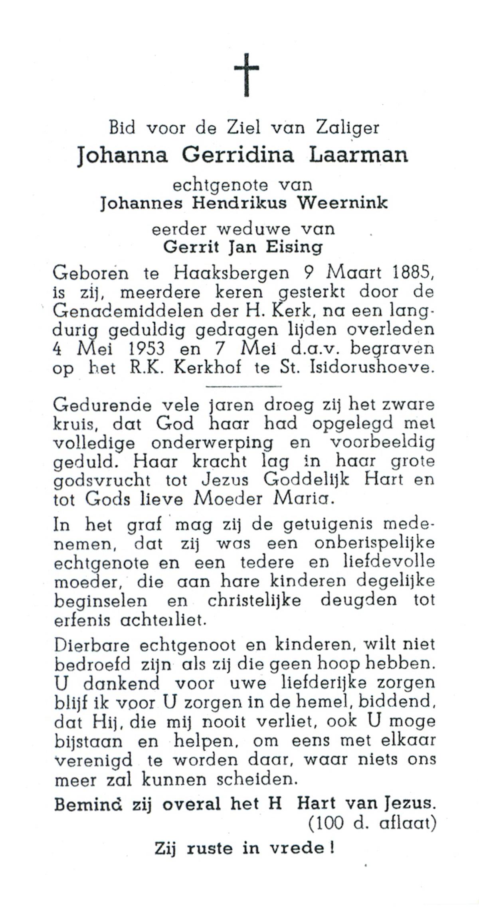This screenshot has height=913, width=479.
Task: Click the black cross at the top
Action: coord(246,75)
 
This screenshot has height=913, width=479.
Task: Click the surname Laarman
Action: coord(358,155)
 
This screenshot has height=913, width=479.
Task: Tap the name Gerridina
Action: coord(238,155)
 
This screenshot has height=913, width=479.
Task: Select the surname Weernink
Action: coord(343,203)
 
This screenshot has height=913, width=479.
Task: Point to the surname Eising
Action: coord(296,247)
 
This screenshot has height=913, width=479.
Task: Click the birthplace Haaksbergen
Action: coord(232,273)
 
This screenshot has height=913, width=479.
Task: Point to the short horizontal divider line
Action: coord(243,386)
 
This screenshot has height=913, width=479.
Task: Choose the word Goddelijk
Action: coord(306,480)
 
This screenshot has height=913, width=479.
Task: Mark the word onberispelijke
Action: coord(374,544)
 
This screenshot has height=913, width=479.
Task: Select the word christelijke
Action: coord(254,601)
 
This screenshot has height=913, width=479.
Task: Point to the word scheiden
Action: coord(257,779)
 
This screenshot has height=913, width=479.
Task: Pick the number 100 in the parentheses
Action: coord(330,823)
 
